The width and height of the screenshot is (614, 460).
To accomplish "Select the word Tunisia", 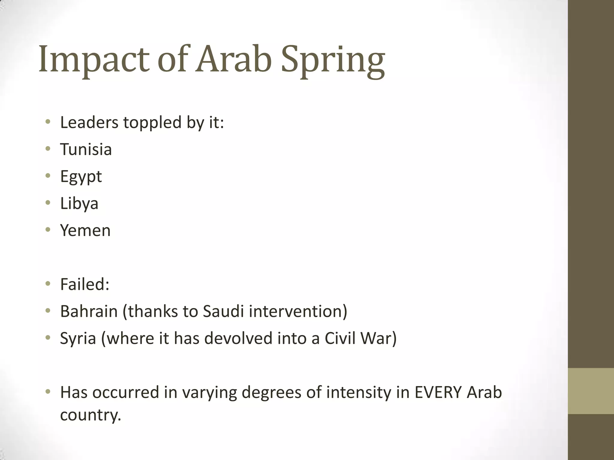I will click(86, 149).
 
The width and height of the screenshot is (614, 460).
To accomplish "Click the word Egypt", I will click(81, 177).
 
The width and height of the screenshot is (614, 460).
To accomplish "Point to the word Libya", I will click(79, 203).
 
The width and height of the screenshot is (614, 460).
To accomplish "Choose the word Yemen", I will click(85, 230).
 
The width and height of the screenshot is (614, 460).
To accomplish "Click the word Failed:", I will click(85, 284).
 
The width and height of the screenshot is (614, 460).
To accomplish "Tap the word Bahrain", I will click(89, 311).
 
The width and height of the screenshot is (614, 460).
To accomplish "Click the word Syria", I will click(78, 338).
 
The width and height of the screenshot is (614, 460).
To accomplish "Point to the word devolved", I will click(238, 338).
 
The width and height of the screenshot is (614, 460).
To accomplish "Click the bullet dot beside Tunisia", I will click(48, 149).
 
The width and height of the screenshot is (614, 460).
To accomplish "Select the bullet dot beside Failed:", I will click(48, 283).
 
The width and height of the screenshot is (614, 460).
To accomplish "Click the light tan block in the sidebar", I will click(591, 391).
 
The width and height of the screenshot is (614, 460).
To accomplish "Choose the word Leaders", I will click(89, 122).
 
